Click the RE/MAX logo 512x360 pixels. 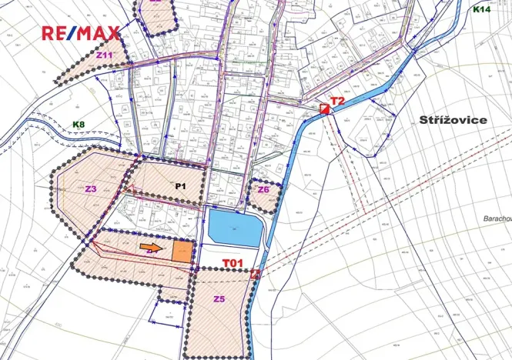(x=80, y=33)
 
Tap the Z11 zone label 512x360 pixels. (x=105, y=55)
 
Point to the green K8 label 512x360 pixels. (x=79, y=124)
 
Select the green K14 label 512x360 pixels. (x=481, y=9)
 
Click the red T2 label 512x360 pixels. (x=337, y=101)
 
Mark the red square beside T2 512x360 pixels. (x=325, y=109)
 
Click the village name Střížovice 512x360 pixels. (x=454, y=121)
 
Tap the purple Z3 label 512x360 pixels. (x=91, y=188)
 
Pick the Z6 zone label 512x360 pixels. (x=263, y=189)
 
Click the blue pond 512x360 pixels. (x=235, y=228)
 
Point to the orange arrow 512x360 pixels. (x=154, y=248)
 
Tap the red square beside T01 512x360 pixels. (x=256, y=273)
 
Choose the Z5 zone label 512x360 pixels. (x=219, y=299)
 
